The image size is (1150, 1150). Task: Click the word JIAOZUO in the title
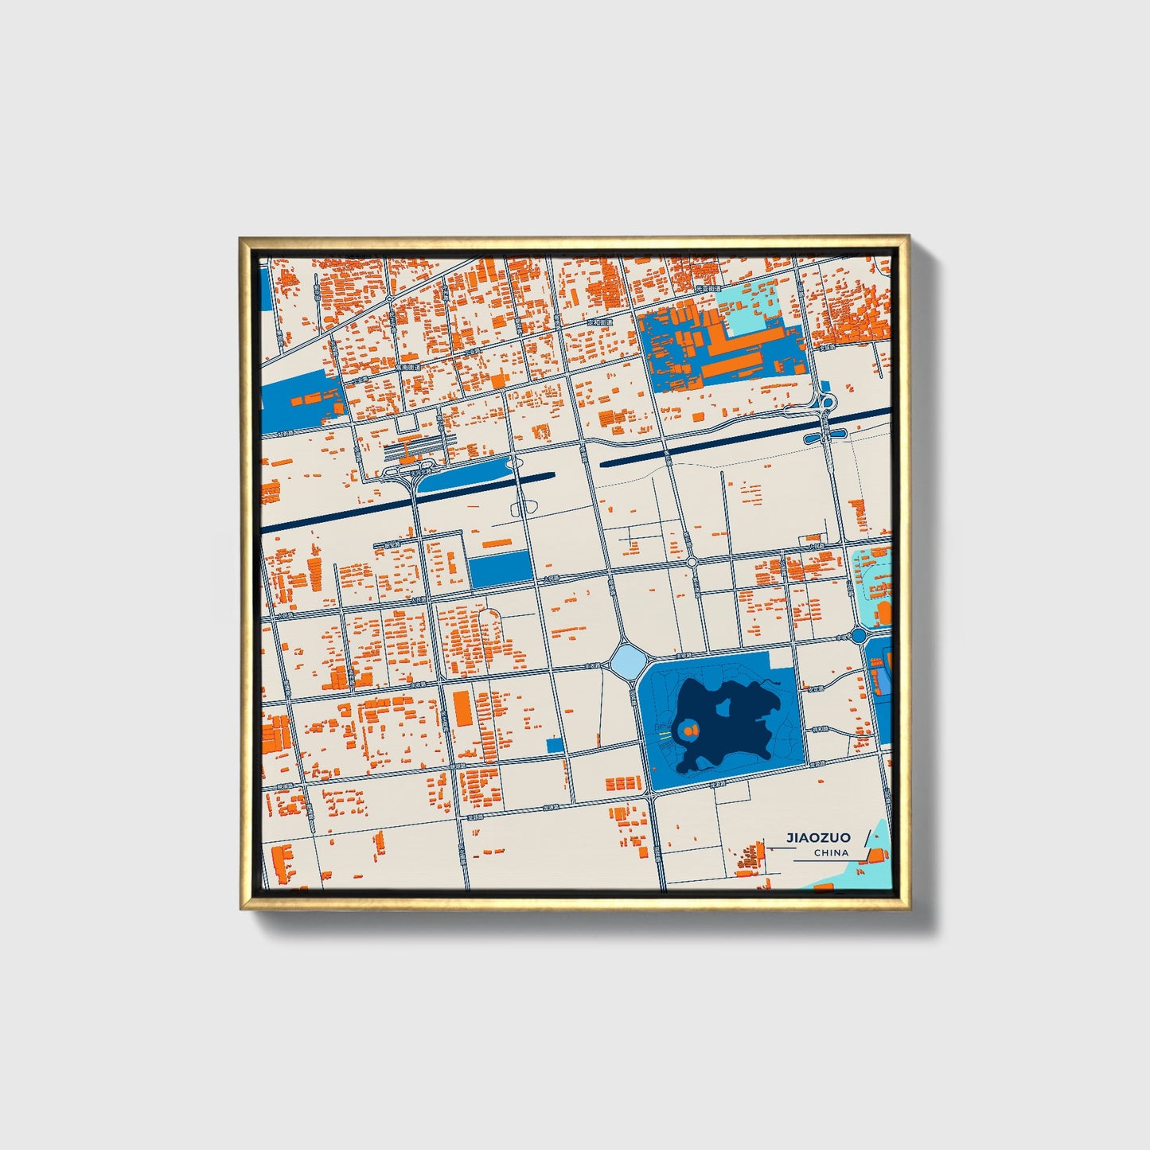[818, 837]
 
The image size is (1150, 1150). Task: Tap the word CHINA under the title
[831, 852]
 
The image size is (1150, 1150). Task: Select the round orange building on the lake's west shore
[688, 729]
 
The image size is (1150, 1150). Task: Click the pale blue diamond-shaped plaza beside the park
[626, 660]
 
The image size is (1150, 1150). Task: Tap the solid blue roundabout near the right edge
[858, 635]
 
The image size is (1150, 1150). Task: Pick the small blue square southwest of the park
[555, 746]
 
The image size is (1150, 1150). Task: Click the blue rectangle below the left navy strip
[499, 568]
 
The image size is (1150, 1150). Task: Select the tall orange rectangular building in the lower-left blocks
[461, 708]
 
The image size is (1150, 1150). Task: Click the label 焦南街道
[411, 368]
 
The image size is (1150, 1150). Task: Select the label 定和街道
[598, 324]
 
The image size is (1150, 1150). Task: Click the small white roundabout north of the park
[692, 562]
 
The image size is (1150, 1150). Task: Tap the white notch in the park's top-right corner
[782, 659]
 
